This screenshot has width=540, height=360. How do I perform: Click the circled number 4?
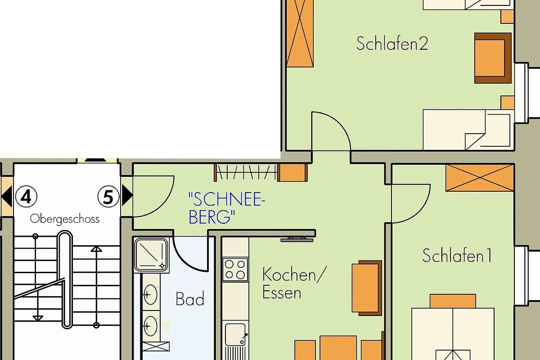click(26, 196)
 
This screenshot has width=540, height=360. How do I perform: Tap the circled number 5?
click(108, 196)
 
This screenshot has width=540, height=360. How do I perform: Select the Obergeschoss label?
click(65, 219)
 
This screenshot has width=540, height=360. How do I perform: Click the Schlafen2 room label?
click(392, 43)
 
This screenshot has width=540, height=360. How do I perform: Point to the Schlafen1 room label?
click(457, 255)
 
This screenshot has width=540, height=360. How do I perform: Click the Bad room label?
click(190, 299)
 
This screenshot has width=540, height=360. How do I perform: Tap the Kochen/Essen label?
click(294, 283)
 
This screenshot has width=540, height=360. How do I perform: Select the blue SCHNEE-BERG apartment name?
click(226, 208)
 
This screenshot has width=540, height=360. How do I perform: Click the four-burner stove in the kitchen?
click(235, 270)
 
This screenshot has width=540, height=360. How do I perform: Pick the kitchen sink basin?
click(235, 334)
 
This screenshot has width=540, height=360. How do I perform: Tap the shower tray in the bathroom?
click(151, 255)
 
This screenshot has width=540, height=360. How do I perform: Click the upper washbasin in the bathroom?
click(150, 295)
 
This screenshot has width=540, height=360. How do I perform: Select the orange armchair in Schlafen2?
click(493, 58)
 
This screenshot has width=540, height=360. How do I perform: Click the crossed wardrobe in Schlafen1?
click(480, 178)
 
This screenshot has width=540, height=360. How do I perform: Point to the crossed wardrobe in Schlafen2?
click(300, 33)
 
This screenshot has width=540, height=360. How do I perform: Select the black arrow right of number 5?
click(127, 195)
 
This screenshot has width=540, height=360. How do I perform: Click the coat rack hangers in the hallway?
click(245, 172)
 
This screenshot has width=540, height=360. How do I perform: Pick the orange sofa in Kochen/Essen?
click(367, 288)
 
